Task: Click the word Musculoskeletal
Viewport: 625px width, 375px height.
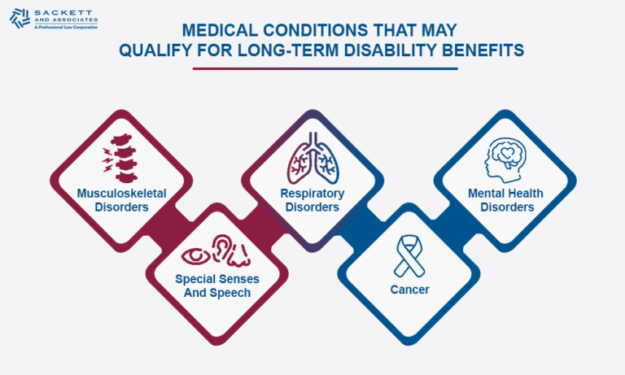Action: point(120,194)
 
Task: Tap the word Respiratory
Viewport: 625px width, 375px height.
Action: point(312,194)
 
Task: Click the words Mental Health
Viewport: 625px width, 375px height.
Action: point(505,194)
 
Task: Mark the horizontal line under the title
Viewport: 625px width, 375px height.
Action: point(325,68)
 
